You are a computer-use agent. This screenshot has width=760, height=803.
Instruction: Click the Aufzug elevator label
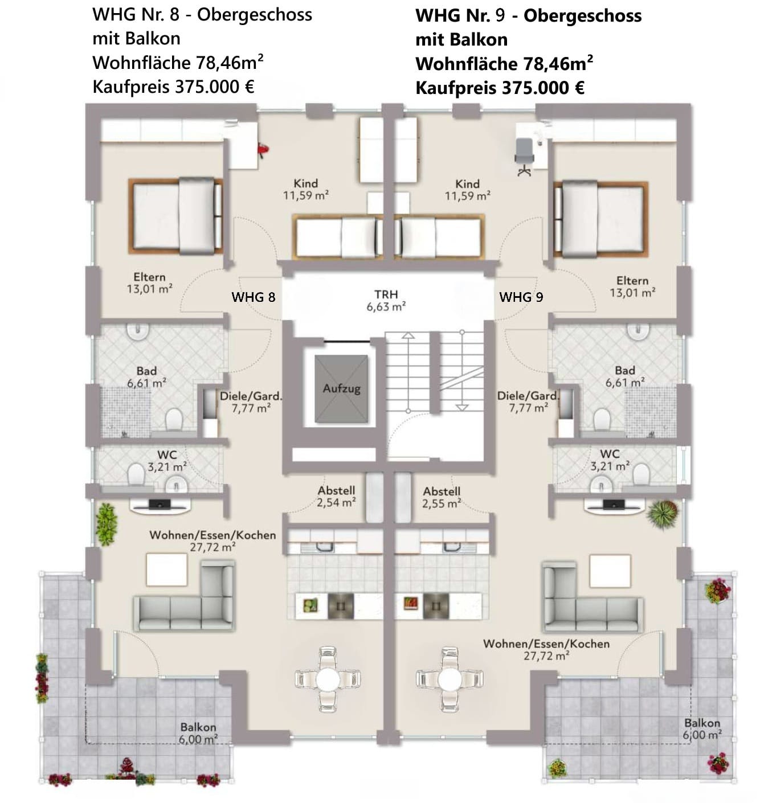tap(341, 388)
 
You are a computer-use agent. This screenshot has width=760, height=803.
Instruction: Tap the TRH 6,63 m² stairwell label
tap(386, 300)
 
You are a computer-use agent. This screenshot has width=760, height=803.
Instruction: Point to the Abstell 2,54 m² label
tap(336, 496)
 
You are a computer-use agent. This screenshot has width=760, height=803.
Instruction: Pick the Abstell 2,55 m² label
tap(442, 497)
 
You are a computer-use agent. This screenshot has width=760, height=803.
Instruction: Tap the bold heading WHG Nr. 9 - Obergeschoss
tap(528, 16)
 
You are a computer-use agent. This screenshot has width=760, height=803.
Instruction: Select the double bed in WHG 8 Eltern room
tap(175, 216)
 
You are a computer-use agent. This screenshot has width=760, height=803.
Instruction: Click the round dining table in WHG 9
tap(450, 679)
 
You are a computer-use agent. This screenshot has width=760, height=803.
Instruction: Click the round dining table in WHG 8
tap(328, 679)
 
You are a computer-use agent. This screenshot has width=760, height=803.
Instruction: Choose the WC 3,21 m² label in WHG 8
tap(167, 460)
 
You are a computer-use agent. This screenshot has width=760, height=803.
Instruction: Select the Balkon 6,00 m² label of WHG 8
tap(198, 733)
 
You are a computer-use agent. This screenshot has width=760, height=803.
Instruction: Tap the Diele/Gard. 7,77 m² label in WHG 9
tap(528, 401)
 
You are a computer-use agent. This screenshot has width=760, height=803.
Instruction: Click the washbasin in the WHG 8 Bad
tap(137, 332)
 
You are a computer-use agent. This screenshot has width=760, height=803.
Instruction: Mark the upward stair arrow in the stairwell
tap(408, 372)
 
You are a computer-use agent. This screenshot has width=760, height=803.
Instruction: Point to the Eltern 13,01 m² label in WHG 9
tap(632, 286)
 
